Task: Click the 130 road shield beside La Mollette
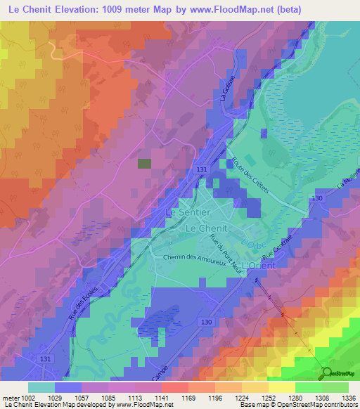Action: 318,200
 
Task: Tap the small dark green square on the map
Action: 144,163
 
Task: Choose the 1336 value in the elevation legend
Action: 348,397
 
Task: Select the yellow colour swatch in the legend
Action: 281,387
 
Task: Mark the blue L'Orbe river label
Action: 250,244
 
